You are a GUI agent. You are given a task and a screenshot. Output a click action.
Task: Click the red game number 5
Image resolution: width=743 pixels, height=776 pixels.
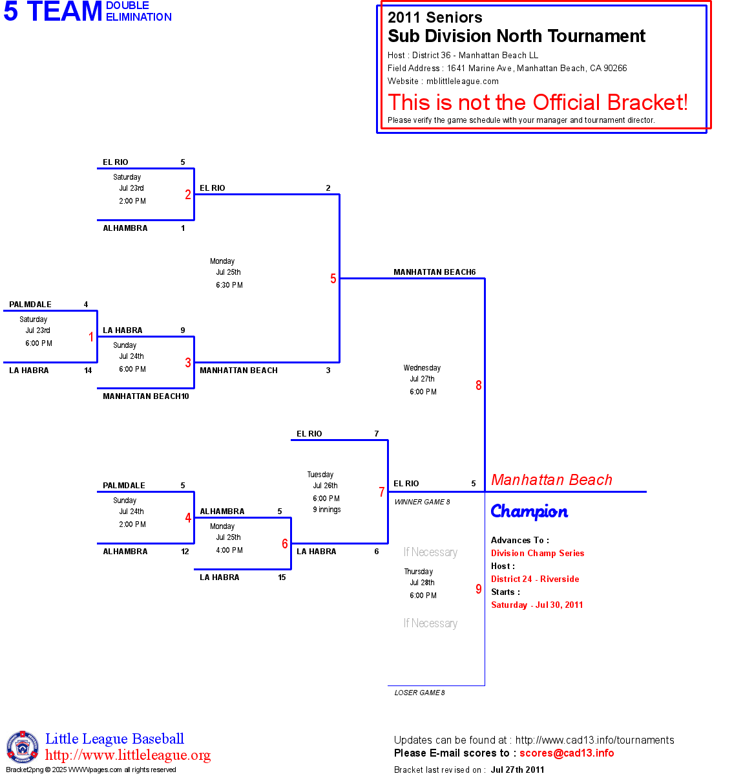(x=333, y=279)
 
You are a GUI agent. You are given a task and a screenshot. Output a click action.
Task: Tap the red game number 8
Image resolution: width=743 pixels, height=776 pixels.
(x=479, y=385)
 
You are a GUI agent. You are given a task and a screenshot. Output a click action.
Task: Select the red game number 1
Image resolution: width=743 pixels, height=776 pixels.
(x=91, y=337)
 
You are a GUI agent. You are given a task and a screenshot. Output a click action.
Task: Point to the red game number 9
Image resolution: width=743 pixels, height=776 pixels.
(x=479, y=589)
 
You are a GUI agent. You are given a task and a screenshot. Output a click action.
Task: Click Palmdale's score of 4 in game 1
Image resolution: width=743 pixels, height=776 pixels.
(x=86, y=305)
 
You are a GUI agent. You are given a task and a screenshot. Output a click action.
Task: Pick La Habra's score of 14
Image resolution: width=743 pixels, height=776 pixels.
(x=88, y=371)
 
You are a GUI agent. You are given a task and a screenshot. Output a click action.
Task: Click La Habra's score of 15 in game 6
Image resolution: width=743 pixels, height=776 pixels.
(x=282, y=577)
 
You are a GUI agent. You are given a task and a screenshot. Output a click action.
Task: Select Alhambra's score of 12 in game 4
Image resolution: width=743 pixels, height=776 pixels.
(x=185, y=552)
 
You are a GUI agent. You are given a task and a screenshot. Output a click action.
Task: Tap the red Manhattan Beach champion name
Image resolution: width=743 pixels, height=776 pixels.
(x=551, y=480)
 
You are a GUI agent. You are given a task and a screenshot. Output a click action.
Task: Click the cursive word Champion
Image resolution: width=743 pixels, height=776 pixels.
(x=529, y=512)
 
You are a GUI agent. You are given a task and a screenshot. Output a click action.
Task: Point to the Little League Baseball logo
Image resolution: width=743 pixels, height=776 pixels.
(x=23, y=747)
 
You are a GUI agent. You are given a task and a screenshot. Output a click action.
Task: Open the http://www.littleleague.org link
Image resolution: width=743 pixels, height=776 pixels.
(x=128, y=755)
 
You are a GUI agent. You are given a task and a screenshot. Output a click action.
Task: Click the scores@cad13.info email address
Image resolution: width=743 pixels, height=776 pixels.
(x=567, y=753)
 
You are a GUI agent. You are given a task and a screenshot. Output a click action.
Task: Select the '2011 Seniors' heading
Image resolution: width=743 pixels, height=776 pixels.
(x=435, y=17)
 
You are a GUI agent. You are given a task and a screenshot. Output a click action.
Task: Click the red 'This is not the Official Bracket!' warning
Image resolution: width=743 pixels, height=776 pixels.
(x=538, y=102)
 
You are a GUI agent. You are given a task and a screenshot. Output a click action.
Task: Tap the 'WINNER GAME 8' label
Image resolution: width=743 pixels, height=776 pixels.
(x=422, y=502)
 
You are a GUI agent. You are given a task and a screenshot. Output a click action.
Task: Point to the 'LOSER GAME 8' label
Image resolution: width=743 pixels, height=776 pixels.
(x=419, y=693)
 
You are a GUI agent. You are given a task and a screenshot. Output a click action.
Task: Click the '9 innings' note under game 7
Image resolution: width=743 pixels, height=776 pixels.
(x=327, y=510)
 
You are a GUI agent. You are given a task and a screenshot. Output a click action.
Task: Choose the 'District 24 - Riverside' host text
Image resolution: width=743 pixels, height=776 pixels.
(x=535, y=579)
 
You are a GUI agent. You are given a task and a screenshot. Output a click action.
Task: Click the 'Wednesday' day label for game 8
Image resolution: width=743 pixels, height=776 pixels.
(x=422, y=368)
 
